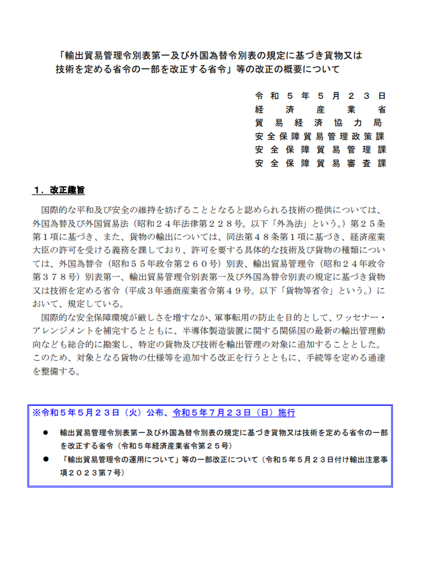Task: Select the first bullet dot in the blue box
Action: [x=46, y=433]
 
